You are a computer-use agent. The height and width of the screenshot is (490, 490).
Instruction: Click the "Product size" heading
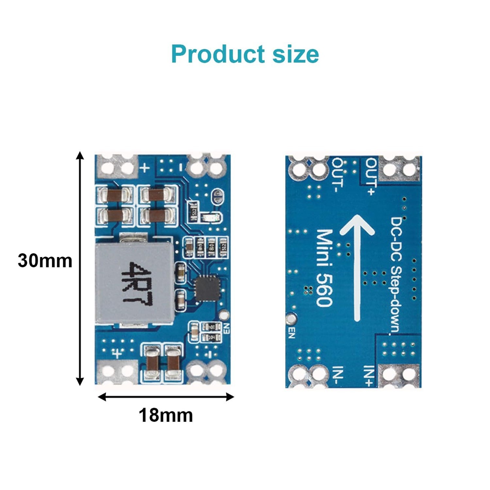click(x=245, y=54)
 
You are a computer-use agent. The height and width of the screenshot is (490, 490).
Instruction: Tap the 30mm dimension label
click(x=45, y=261)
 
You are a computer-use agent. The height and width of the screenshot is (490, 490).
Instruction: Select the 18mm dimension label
click(x=166, y=415)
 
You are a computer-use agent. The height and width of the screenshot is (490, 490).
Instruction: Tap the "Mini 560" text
click(x=324, y=268)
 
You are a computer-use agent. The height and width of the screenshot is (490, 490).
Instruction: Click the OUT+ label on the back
click(x=371, y=176)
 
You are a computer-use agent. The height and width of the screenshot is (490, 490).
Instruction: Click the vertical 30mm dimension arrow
click(x=80, y=268)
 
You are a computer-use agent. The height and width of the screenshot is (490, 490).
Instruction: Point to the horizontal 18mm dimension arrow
click(x=166, y=397)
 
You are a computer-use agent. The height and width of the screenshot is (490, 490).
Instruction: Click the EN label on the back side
click(x=291, y=333)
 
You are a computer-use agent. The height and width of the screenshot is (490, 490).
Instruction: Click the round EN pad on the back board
click(x=291, y=319)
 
